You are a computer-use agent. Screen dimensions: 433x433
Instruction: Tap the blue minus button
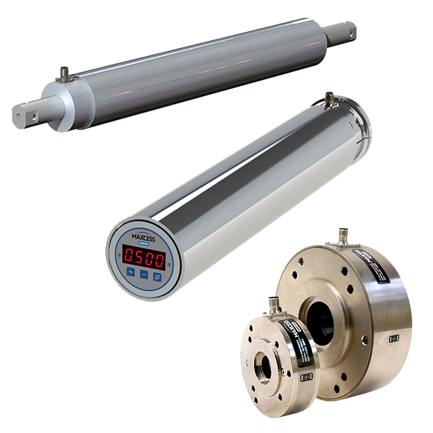tap(143, 275)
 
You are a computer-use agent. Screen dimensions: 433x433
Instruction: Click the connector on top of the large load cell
tap(344, 236)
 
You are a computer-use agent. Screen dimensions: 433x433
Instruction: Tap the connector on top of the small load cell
tap(275, 304)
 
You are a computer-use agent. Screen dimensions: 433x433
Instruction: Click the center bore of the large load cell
tap(320, 320)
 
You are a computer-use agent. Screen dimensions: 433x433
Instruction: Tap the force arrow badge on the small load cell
tap(304, 379)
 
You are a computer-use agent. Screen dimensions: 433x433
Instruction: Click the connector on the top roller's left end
tap(64, 75)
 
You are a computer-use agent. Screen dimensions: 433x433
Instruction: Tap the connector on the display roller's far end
tap(330, 99)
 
